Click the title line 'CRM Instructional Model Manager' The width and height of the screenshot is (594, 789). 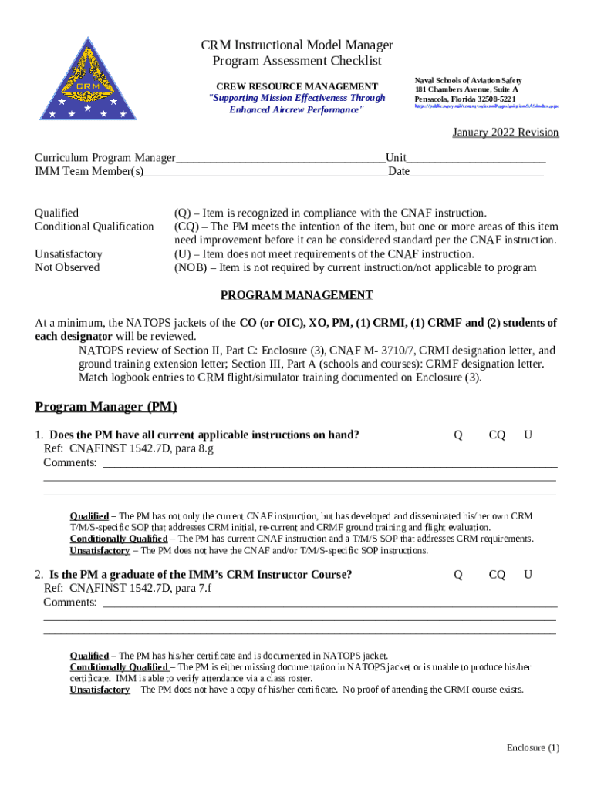click(x=297, y=45)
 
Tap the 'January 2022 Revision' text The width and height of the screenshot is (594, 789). click(x=505, y=133)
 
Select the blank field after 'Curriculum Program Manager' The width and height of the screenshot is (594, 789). click(x=280, y=159)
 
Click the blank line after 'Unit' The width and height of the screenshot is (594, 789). click(x=476, y=159)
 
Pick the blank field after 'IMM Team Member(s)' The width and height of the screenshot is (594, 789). click(x=265, y=172)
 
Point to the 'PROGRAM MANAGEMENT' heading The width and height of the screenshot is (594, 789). click(x=297, y=295)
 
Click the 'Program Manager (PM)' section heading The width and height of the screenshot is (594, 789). click(x=106, y=407)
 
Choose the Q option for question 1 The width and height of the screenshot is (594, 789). click(x=458, y=435)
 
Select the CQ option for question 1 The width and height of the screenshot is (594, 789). click(x=497, y=435)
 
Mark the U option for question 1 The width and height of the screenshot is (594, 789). click(x=528, y=435)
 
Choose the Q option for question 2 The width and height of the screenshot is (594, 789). click(x=458, y=575)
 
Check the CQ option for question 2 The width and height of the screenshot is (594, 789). click(x=497, y=575)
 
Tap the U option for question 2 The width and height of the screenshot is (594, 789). click(x=528, y=575)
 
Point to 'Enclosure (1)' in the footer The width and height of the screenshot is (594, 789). click(x=532, y=748)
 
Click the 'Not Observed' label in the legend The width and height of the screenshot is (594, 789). click(x=67, y=267)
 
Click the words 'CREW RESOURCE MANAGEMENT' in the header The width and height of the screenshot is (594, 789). click(x=296, y=86)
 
